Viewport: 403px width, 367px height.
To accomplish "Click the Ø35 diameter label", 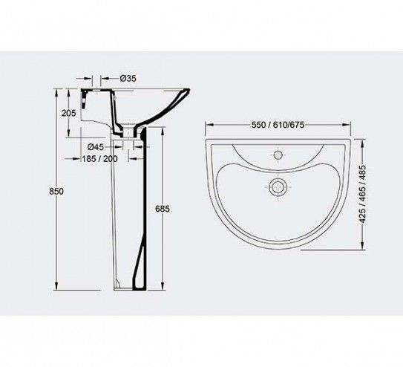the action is pos(128,78).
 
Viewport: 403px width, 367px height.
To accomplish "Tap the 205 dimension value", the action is pos(68,113).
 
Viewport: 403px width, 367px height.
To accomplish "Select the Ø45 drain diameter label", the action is pos(96,147).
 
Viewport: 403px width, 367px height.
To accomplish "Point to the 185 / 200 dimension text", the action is pos(99,159).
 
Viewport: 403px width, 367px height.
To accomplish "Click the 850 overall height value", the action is pos(56,192).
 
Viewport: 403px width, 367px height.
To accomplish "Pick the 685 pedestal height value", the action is pos(163,209).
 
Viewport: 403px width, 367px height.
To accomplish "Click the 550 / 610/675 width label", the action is pos(278,125).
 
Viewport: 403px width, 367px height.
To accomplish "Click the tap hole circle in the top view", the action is pos(278,155).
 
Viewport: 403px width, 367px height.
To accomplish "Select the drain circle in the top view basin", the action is pos(277,186).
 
